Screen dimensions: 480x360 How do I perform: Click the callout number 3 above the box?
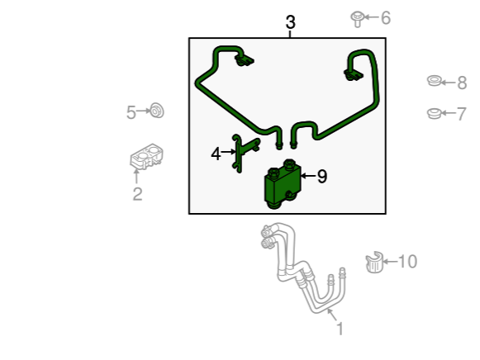point(291,22)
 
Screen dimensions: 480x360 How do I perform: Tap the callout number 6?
point(386,17)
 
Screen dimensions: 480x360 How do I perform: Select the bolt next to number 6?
point(357,19)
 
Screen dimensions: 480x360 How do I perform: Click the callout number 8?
point(462,83)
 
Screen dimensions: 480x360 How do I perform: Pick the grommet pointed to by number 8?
point(434,80)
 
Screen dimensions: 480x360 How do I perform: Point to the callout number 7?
point(461,114)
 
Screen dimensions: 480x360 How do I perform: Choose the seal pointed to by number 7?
point(434,113)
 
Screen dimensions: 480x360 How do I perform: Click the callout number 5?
point(131,112)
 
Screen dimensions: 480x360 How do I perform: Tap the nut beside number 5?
point(157,111)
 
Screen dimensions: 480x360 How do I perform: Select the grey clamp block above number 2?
point(146,157)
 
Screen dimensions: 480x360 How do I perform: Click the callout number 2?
point(137,194)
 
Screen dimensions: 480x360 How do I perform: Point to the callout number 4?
point(216,154)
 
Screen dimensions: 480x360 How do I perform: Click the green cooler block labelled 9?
point(283,184)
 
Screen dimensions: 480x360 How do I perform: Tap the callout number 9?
point(321,177)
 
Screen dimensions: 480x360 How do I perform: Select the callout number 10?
point(408,262)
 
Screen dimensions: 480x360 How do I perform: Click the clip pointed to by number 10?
point(374,262)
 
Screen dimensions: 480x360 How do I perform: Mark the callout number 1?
point(340,329)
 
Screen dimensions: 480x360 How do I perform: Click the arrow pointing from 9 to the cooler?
point(308,176)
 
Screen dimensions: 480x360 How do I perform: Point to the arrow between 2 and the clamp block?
point(136,176)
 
